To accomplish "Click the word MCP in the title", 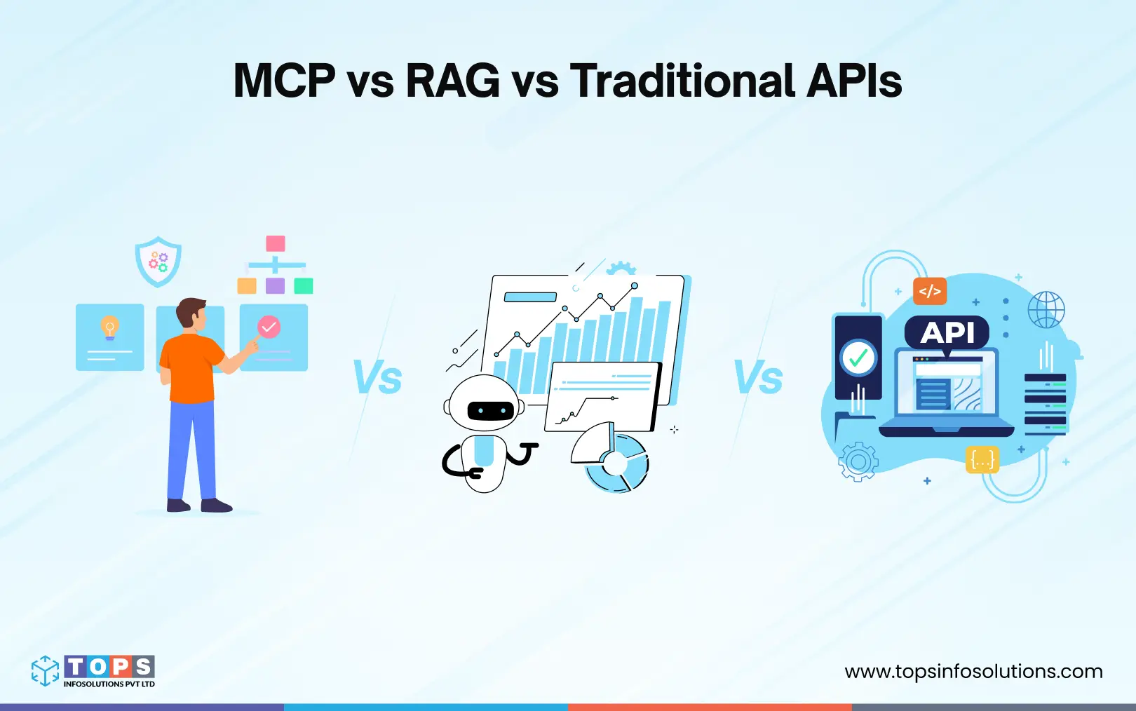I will [284, 81].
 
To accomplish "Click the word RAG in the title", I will [452, 81].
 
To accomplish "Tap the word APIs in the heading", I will [853, 81].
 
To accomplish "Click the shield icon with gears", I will [158, 262].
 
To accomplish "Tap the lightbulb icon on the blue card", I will [109, 327].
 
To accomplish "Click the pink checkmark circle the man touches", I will [269, 327].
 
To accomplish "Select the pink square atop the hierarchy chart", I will [276, 243].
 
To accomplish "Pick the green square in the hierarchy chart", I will [304, 285].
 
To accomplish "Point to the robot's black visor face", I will [490, 411].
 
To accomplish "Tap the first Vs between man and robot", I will [377, 378].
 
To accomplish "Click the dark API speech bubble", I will [947, 332].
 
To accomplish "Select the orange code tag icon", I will [930, 291].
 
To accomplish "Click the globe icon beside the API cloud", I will [1046, 309].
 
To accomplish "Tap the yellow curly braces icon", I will [982, 460].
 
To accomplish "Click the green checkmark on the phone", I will [858, 359].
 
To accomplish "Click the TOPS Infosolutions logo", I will [93, 671].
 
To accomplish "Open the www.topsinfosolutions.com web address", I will [973, 672].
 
